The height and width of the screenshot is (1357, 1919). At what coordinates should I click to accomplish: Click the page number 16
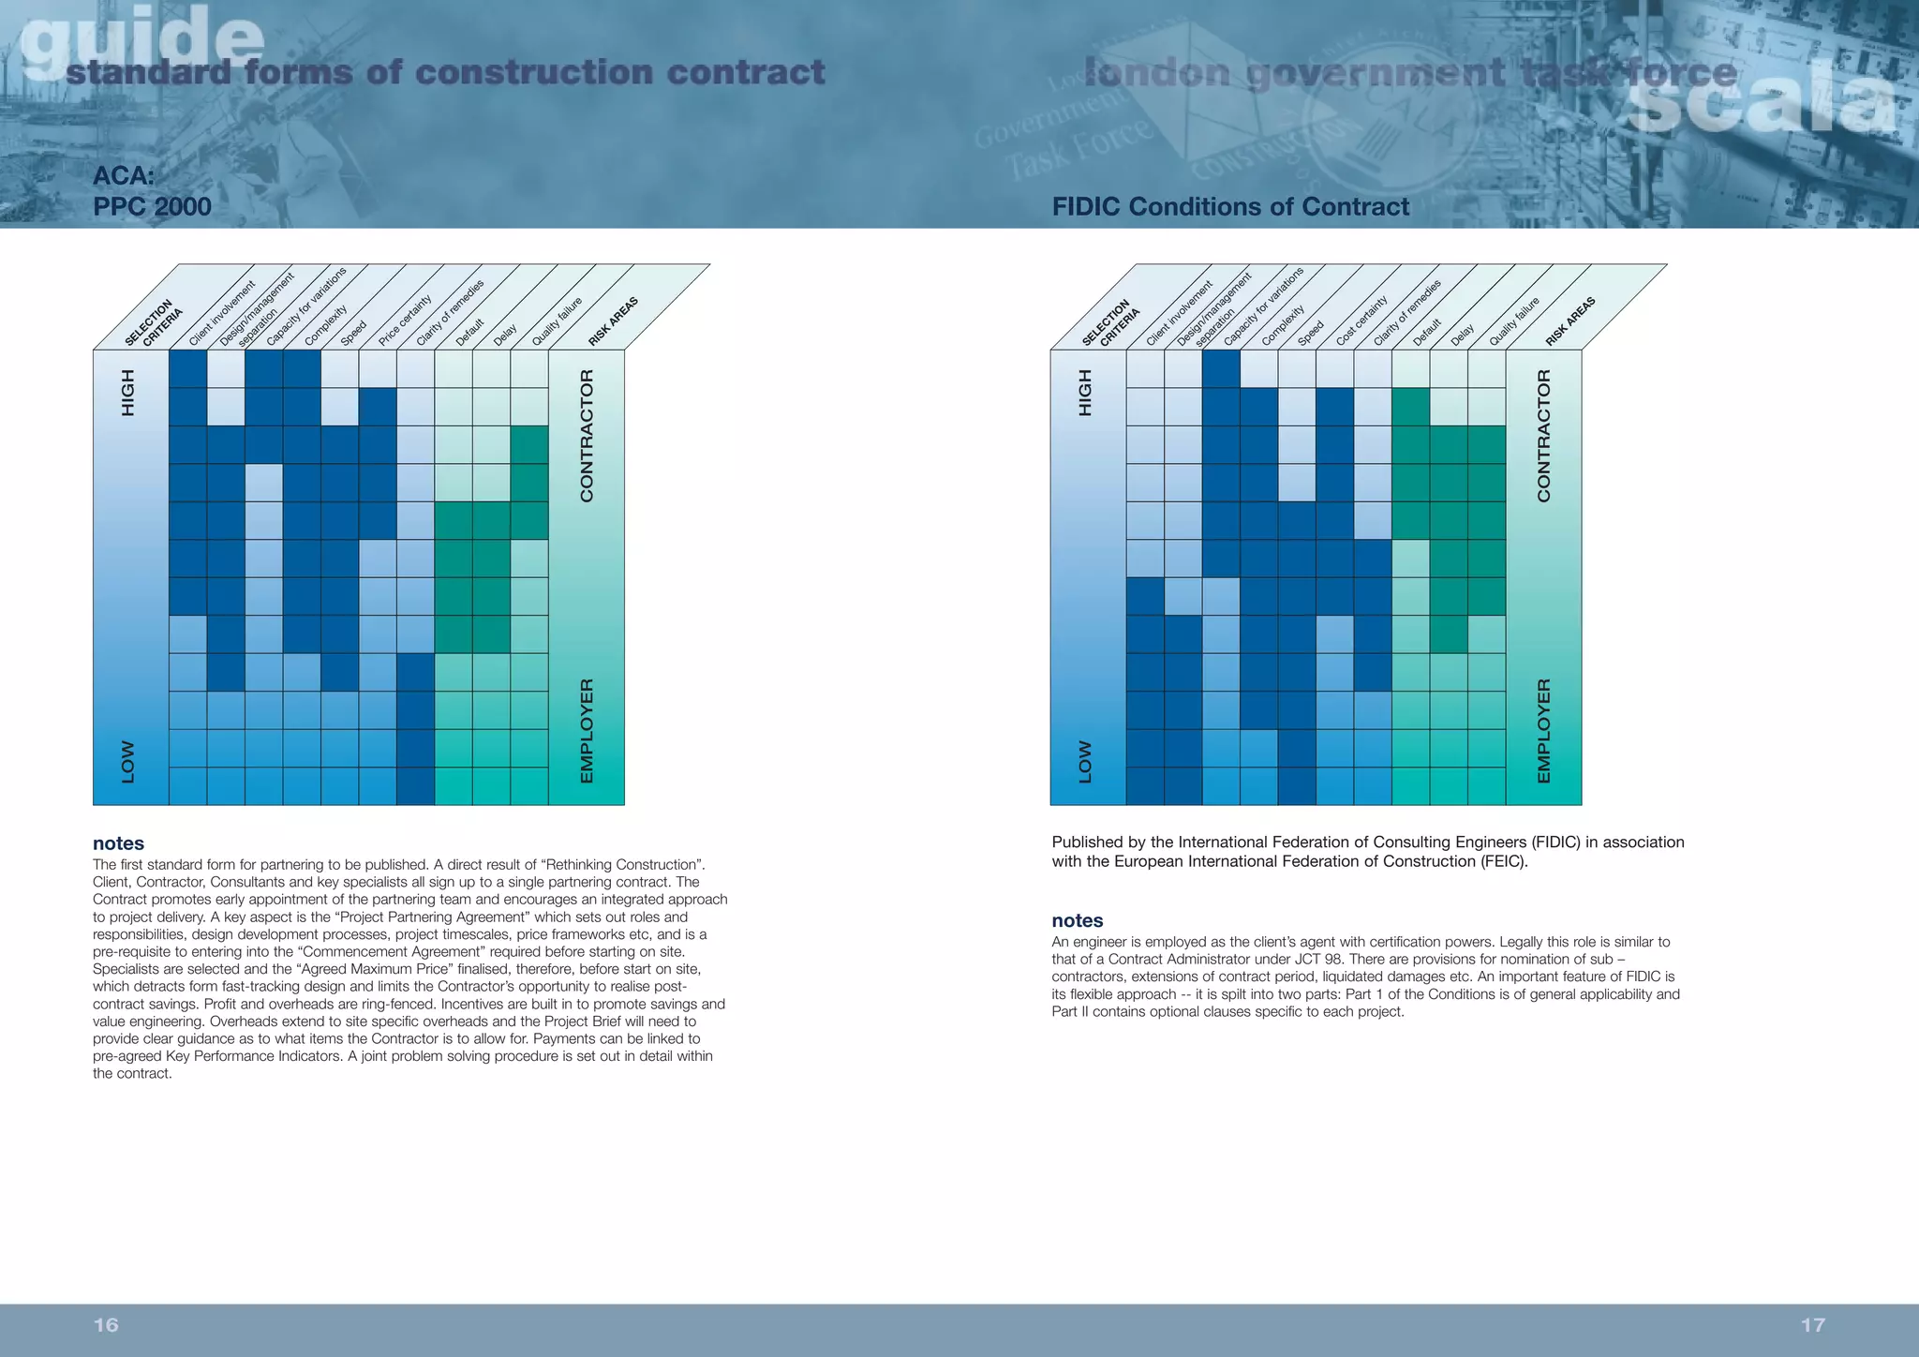(x=106, y=1324)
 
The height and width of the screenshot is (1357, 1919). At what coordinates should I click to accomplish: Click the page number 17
(x=1812, y=1324)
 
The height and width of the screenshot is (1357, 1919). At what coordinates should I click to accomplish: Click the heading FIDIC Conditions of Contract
(x=1229, y=206)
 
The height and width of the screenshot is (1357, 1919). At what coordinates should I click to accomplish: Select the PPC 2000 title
(x=152, y=206)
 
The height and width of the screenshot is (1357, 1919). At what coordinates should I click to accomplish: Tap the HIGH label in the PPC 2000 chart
(x=128, y=393)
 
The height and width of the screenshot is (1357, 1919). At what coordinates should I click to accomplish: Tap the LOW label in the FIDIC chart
(x=1085, y=762)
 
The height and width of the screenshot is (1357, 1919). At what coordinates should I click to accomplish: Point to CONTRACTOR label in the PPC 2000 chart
(x=587, y=436)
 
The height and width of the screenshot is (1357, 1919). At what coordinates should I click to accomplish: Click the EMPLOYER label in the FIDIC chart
(x=1543, y=731)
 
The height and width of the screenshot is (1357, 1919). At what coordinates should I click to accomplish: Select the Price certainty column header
(x=405, y=321)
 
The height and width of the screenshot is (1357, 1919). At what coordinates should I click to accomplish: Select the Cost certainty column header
(x=1361, y=321)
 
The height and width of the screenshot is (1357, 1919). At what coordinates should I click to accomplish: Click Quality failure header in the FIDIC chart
(x=1513, y=321)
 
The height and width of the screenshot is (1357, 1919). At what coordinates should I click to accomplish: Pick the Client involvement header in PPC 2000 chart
(x=221, y=313)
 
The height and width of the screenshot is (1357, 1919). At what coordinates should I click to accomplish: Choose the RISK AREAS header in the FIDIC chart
(x=1570, y=321)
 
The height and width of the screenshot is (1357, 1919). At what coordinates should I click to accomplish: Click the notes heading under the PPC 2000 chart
(x=118, y=843)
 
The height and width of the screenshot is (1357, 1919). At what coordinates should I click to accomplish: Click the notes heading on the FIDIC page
(x=1077, y=920)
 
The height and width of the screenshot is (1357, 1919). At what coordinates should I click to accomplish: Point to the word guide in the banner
(x=141, y=37)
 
